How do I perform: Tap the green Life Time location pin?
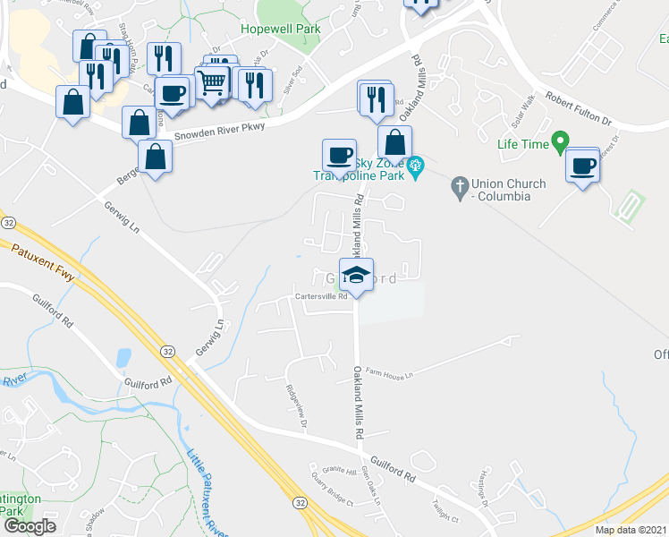coord(560,141)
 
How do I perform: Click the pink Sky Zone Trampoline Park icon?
coord(414,166)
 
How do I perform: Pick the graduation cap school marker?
coord(356,276)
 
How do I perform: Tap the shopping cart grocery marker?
coord(212,83)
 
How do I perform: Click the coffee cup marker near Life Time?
coord(582,166)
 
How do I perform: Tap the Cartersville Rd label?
coord(321,298)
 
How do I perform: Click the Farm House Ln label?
coord(390,375)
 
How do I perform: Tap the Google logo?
coord(29,526)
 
